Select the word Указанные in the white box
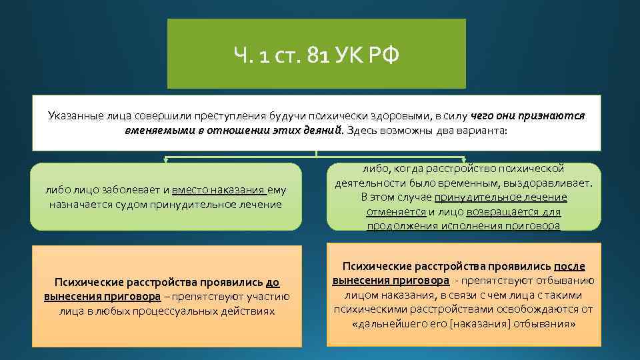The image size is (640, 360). click(x=75, y=115)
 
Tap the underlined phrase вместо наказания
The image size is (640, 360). click(x=206, y=190)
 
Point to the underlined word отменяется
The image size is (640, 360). click(x=395, y=211)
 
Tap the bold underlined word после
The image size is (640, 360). click(x=569, y=265)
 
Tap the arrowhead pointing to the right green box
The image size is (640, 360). click(x=465, y=160)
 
